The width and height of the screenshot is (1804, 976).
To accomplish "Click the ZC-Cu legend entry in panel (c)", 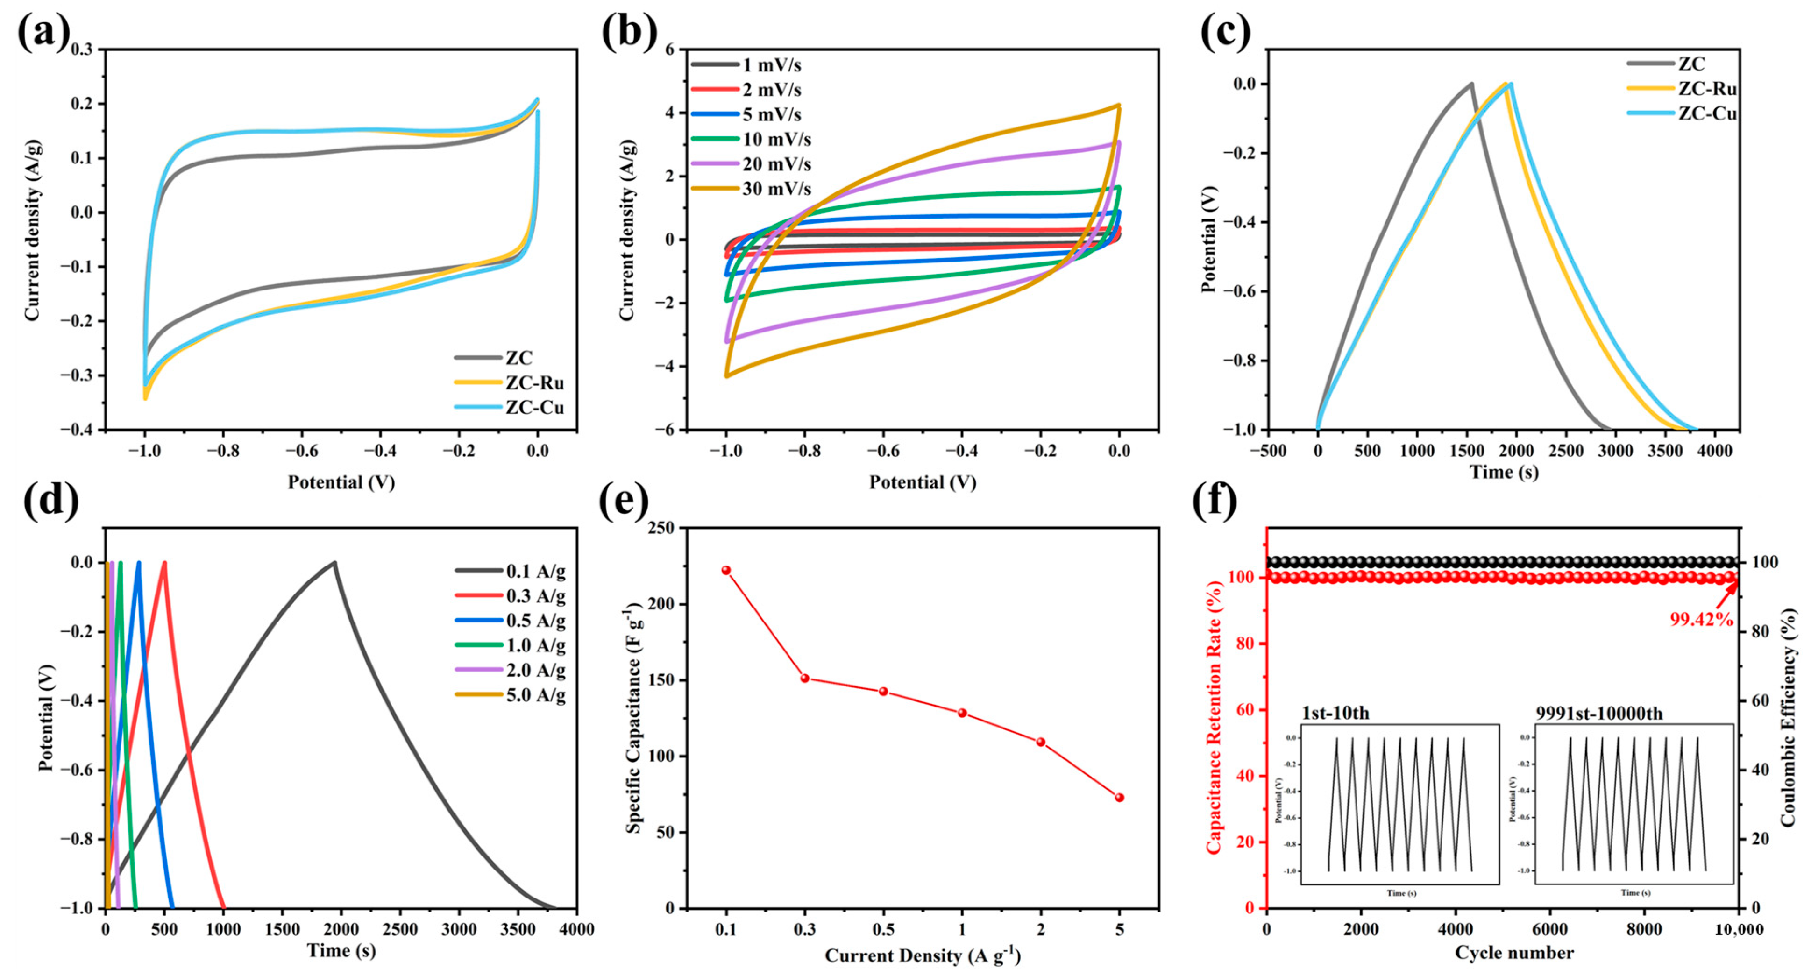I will coord(1707,113).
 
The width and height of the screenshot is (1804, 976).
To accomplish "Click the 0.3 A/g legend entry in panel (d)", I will coord(536,596).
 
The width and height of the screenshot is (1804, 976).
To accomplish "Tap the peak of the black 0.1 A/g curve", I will coord(335,562).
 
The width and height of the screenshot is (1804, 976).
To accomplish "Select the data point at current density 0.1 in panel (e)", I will coord(726,570).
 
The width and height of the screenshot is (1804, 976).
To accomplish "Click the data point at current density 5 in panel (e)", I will coord(1119,798).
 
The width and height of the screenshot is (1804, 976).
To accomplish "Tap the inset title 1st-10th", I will coord(1335,714).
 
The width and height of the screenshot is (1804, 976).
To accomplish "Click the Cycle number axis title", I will coord(1514,953).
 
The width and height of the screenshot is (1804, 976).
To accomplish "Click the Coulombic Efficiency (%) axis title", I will coord(1788,718).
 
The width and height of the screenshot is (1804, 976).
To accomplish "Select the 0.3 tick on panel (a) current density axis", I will coord(84,50).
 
